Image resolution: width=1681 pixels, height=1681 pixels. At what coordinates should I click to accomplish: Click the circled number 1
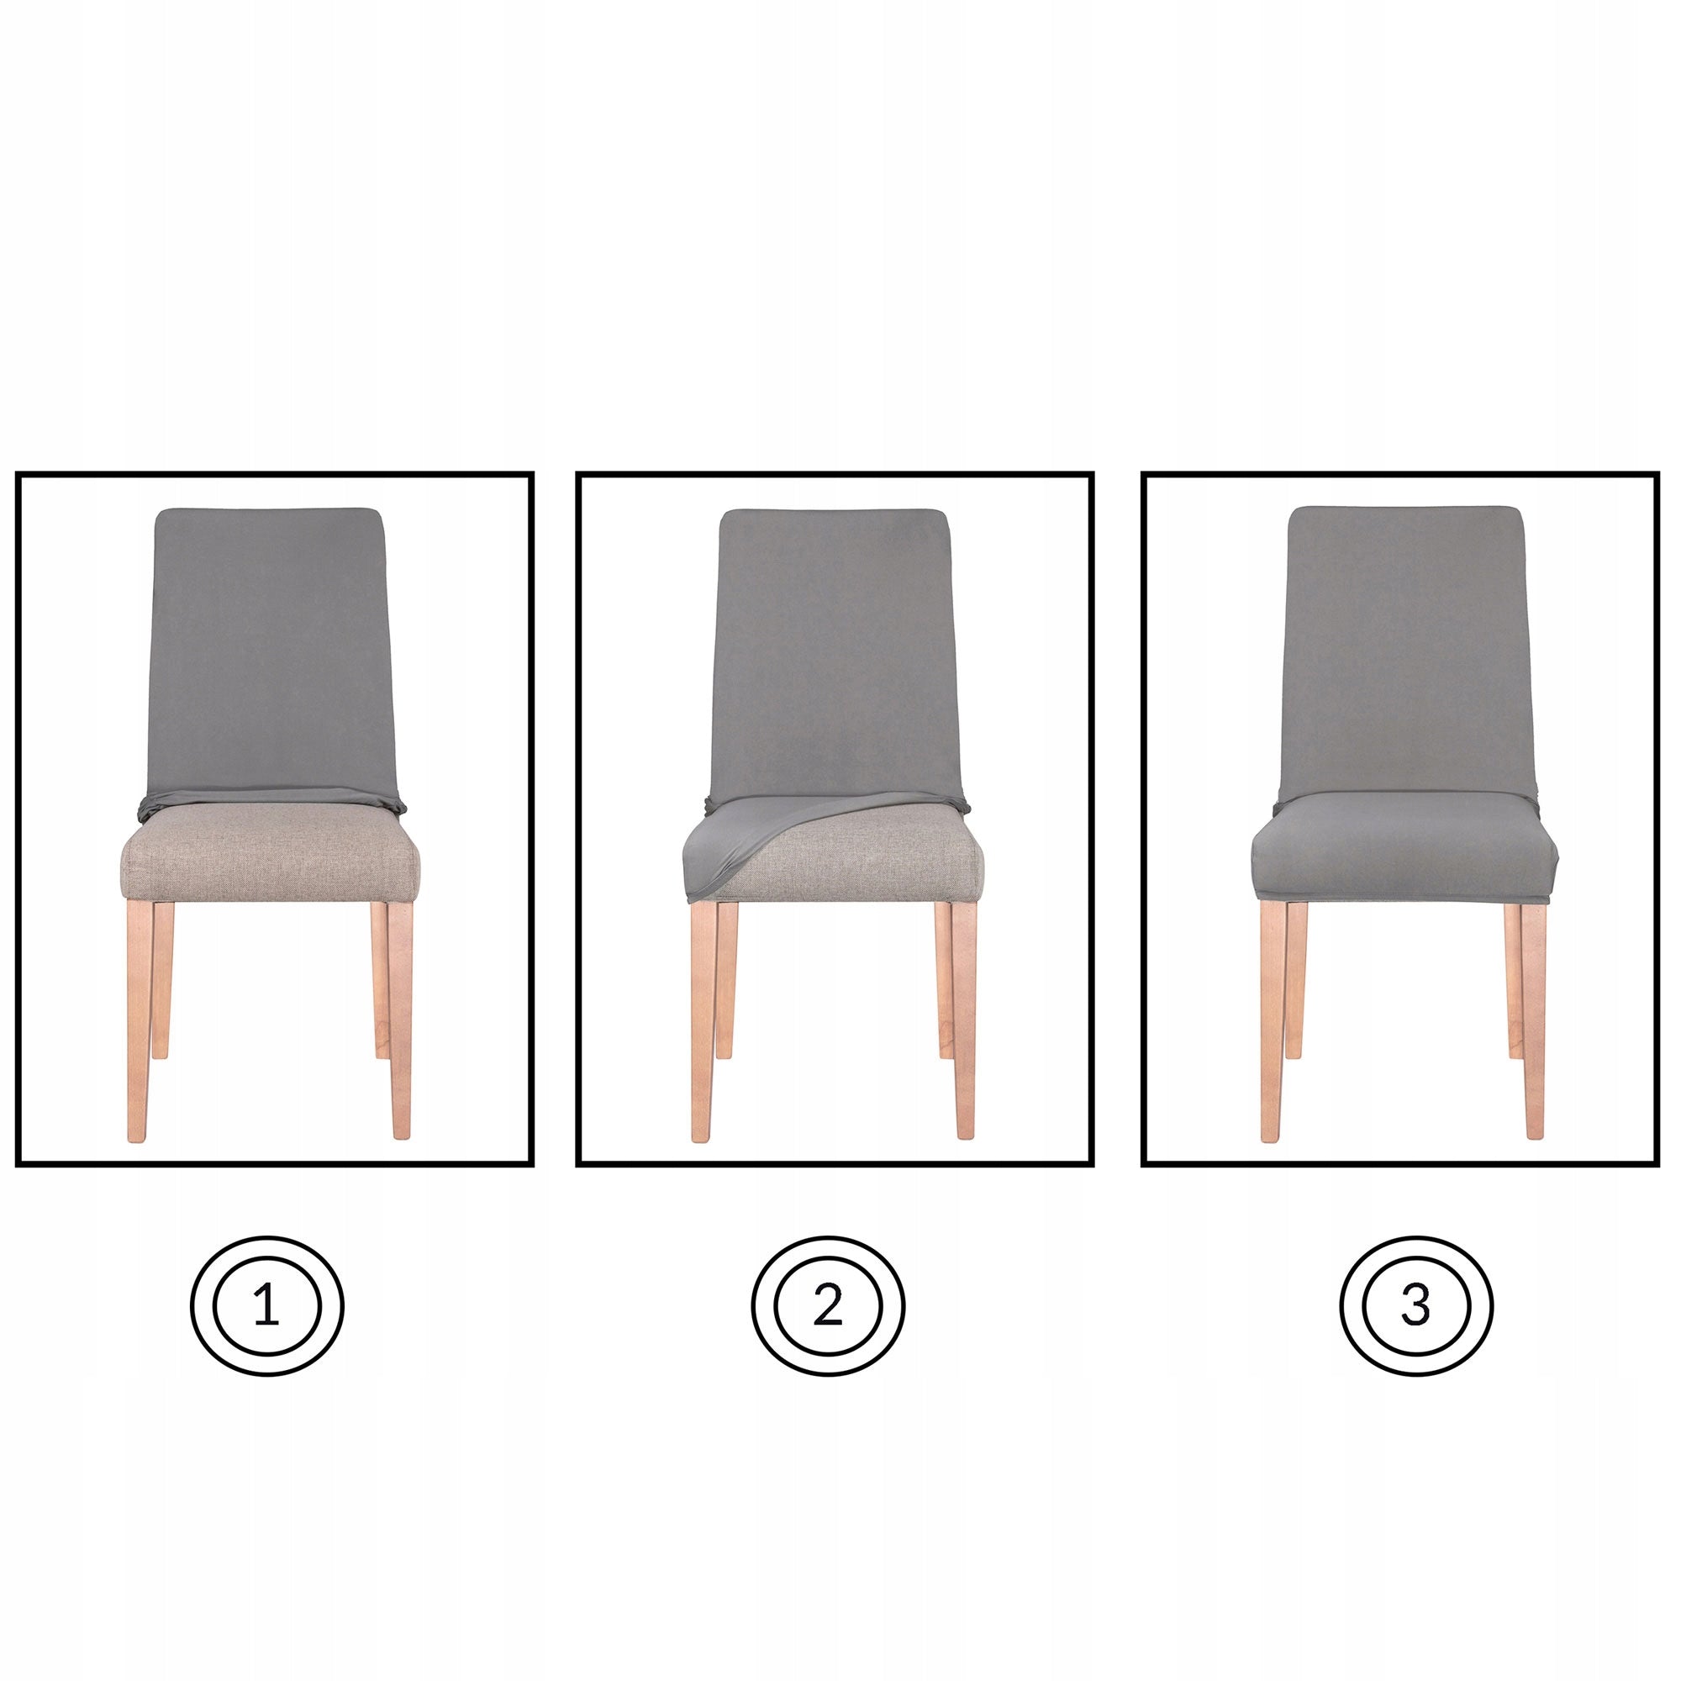coord(267,1307)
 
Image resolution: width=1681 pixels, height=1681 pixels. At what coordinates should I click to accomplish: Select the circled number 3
coord(1415,1307)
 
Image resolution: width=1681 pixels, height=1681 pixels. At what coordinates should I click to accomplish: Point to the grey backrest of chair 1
coord(270,652)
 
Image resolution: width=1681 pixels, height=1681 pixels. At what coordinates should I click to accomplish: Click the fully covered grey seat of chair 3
coord(1405,857)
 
